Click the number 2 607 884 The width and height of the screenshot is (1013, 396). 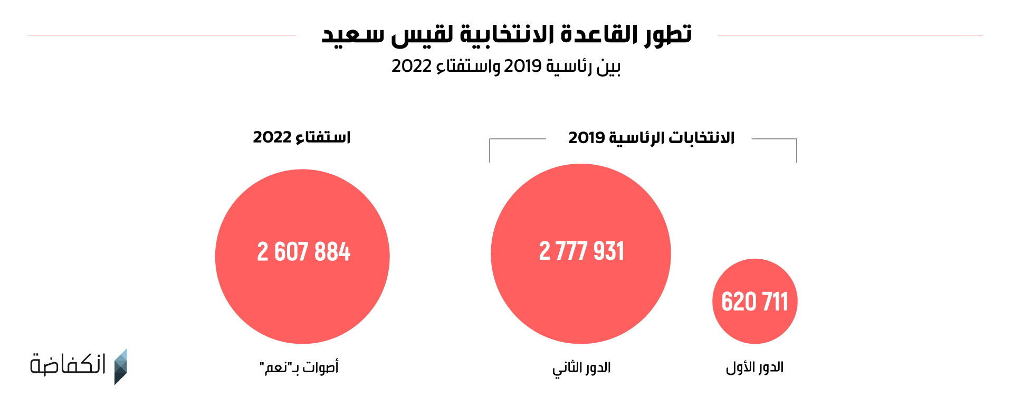tap(303, 252)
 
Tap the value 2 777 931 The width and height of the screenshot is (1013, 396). tap(581, 251)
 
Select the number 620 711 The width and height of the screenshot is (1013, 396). tap(754, 302)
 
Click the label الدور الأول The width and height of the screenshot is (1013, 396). tap(754, 367)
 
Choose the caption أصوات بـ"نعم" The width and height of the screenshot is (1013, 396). tap(299, 367)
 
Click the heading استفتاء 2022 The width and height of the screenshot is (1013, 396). tap(302, 137)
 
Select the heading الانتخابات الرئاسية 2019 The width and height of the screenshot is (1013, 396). tap(651, 138)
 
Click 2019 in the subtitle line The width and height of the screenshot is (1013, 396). tap(523, 67)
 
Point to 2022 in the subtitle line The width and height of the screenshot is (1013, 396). tap(412, 67)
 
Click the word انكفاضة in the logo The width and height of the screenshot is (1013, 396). tap(68, 364)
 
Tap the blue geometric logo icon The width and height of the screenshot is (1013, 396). tap(121, 366)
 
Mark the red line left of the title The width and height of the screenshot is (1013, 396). tap(162, 35)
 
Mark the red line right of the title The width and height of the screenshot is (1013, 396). tap(849, 35)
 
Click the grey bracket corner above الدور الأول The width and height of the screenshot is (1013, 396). tap(796, 140)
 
